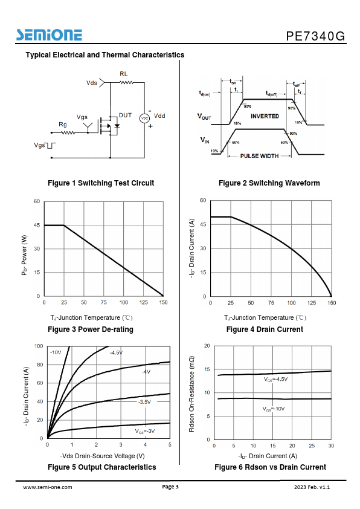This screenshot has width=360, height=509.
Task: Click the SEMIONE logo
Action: click(x=50, y=35)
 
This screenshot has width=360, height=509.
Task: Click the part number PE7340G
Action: click(x=315, y=36)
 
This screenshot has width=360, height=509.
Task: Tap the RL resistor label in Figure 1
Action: click(x=124, y=74)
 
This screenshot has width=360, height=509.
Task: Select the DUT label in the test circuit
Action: click(x=126, y=115)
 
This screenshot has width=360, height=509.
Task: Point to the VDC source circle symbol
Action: click(x=144, y=118)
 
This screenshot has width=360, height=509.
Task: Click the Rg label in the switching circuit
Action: click(x=63, y=125)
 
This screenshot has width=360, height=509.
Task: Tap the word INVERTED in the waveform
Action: click(x=265, y=116)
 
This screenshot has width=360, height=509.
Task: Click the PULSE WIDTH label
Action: click(x=260, y=156)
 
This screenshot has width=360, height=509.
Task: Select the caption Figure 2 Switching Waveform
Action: click(x=269, y=183)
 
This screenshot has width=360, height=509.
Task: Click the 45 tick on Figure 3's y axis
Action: click(x=37, y=225)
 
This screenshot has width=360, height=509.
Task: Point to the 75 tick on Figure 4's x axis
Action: click(x=271, y=303)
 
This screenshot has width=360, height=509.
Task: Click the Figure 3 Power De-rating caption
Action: click(x=91, y=329)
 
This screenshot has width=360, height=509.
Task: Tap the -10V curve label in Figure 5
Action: click(x=56, y=352)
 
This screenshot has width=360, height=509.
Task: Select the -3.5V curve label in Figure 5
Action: click(x=144, y=402)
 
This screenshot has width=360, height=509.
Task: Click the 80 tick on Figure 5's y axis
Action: click(x=40, y=365)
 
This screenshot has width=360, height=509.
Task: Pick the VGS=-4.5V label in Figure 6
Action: click(x=275, y=379)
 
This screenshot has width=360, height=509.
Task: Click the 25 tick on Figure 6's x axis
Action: click(x=312, y=446)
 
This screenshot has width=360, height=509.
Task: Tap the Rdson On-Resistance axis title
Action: click(x=191, y=394)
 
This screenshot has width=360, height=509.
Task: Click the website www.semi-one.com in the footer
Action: click(x=48, y=487)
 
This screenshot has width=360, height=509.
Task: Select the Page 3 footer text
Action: click(x=170, y=486)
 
